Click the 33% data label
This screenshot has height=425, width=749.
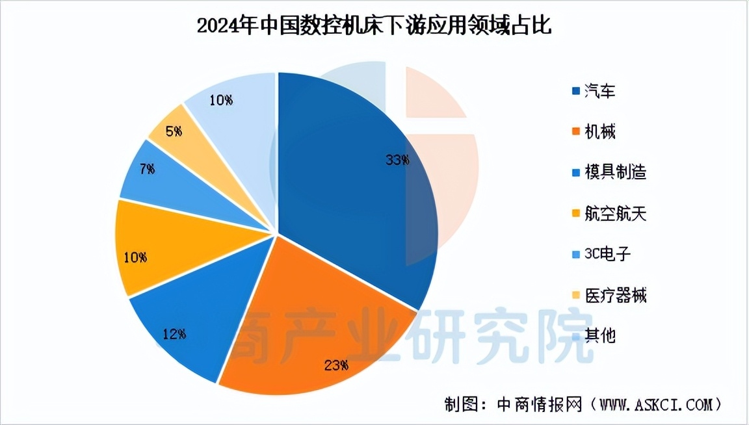(x=397, y=160)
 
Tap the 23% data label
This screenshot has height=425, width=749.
(x=335, y=365)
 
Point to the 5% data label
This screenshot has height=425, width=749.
(x=174, y=131)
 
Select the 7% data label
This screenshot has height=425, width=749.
(x=147, y=169)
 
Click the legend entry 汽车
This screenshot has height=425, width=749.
(x=599, y=91)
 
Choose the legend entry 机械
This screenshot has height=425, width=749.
(x=599, y=132)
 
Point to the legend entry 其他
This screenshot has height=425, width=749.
(x=599, y=336)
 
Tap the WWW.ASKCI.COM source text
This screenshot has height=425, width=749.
(x=657, y=404)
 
